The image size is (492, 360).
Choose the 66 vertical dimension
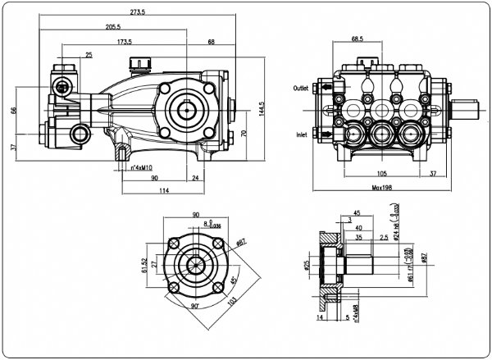click(x=13, y=112)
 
